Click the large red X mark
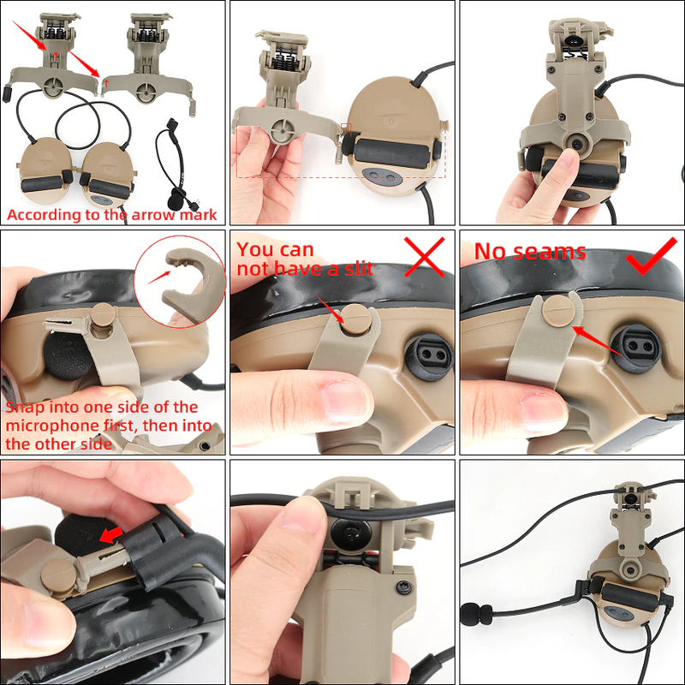[424, 257]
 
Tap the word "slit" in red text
[359, 269]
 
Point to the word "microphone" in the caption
[52, 426]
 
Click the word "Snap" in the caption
[26, 408]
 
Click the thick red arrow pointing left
[112, 534]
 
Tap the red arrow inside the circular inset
[159, 277]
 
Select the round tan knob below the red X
[357, 319]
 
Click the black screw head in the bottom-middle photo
[405, 587]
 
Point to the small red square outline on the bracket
[346, 129]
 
